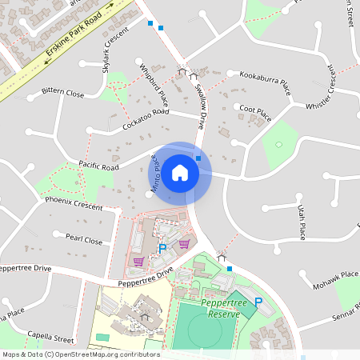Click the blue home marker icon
[180, 172]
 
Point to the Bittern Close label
[62, 94]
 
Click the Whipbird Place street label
[153, 84]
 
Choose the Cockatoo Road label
[146, 121]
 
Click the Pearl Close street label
[83, 239]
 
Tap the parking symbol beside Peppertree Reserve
[258, 301]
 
